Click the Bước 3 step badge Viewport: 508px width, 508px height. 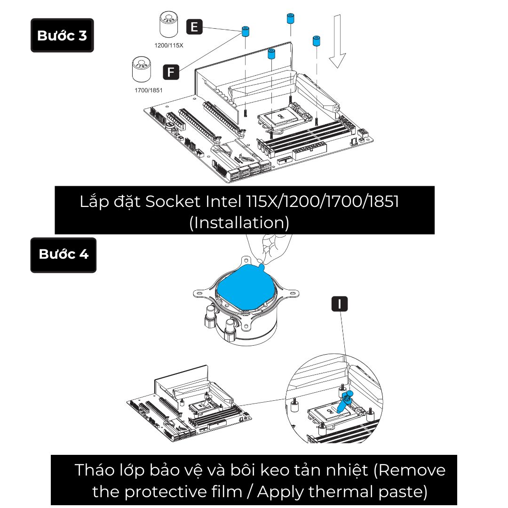pyautogui.click(x=62, y=35)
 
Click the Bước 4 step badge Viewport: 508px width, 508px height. pyautogui.click(x=63, y=255)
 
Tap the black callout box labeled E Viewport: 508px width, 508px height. pyautogui.click(x=194, y=27)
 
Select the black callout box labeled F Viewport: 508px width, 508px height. pyautogui.click(x=171, y=72)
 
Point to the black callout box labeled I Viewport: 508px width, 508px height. pyautogui.click(x=339, y=304)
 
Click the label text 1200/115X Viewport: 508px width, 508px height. pyautogui.click(x=169, y=46)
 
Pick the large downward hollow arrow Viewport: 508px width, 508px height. pyautogui.click(x=337, y=42)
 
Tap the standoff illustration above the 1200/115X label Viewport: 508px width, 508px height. pyautogui.click(x=169, y=25)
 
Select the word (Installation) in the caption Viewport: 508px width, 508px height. pyautogui.click(x=239, y=222)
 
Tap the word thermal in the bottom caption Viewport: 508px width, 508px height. pyautogui.click(x=339, y=492)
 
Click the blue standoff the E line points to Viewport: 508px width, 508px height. pyautogui.click(x=245, y=32)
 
